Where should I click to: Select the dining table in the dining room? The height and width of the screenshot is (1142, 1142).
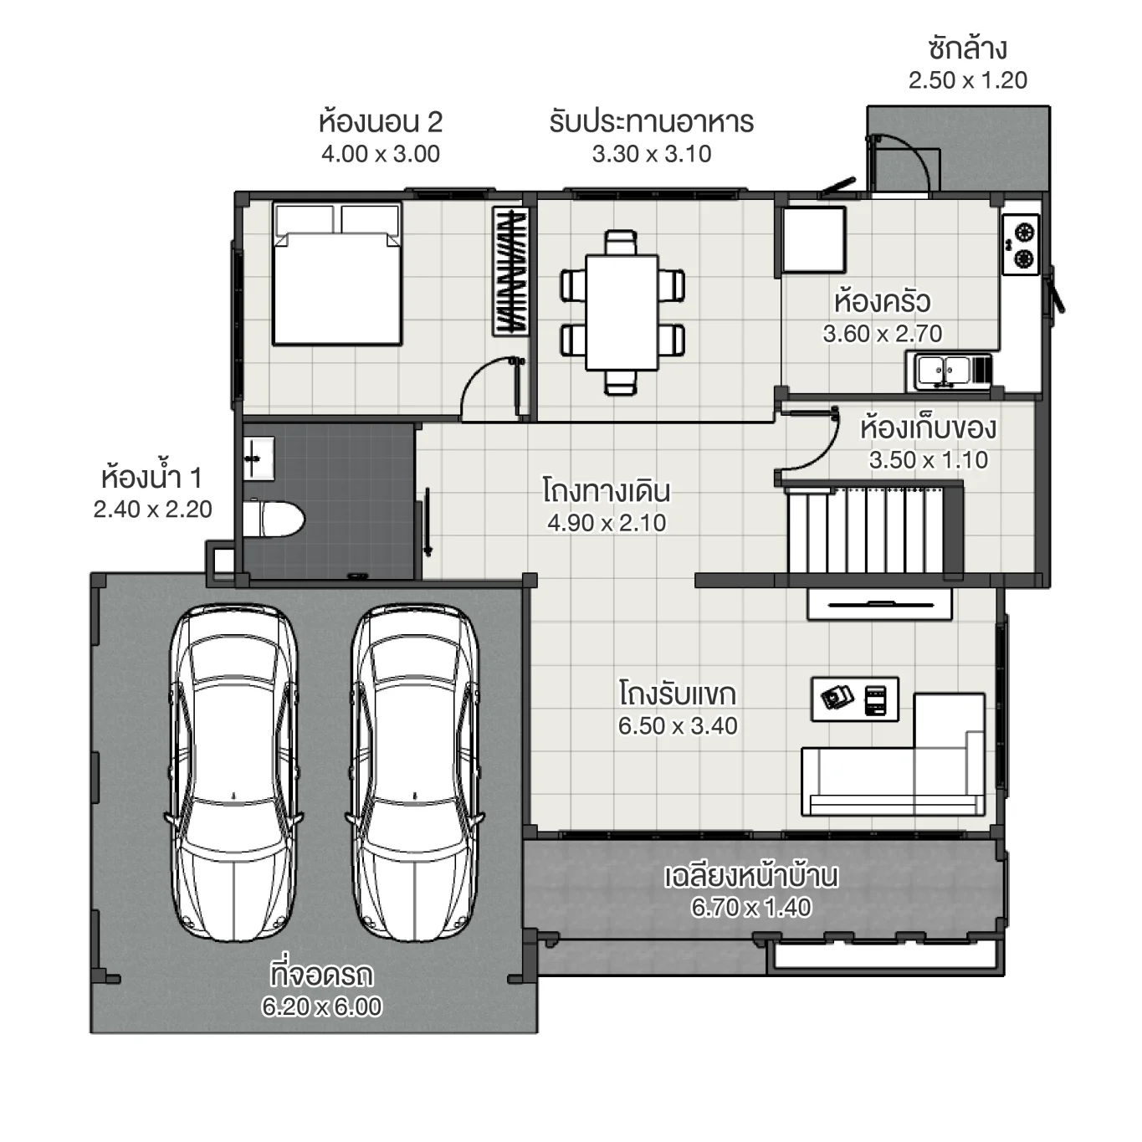622,312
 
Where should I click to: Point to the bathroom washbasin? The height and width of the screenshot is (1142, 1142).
258,458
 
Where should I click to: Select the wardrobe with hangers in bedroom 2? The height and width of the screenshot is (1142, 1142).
511,271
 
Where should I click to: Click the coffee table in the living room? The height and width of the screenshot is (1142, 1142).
854,699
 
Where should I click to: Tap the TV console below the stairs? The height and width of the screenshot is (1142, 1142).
879,604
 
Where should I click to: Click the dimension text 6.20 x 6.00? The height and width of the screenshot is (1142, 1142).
321,1006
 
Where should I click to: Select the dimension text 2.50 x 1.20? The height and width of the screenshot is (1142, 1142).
967,80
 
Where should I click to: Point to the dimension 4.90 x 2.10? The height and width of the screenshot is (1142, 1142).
607,523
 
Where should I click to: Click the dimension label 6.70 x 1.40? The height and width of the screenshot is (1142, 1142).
750,907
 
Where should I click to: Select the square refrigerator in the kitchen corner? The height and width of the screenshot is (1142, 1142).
813,239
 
